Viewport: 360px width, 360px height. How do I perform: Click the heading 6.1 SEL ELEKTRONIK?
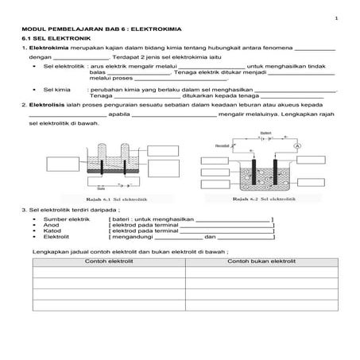coord(56,38)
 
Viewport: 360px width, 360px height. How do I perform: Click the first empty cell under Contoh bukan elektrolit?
coord(261,273)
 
